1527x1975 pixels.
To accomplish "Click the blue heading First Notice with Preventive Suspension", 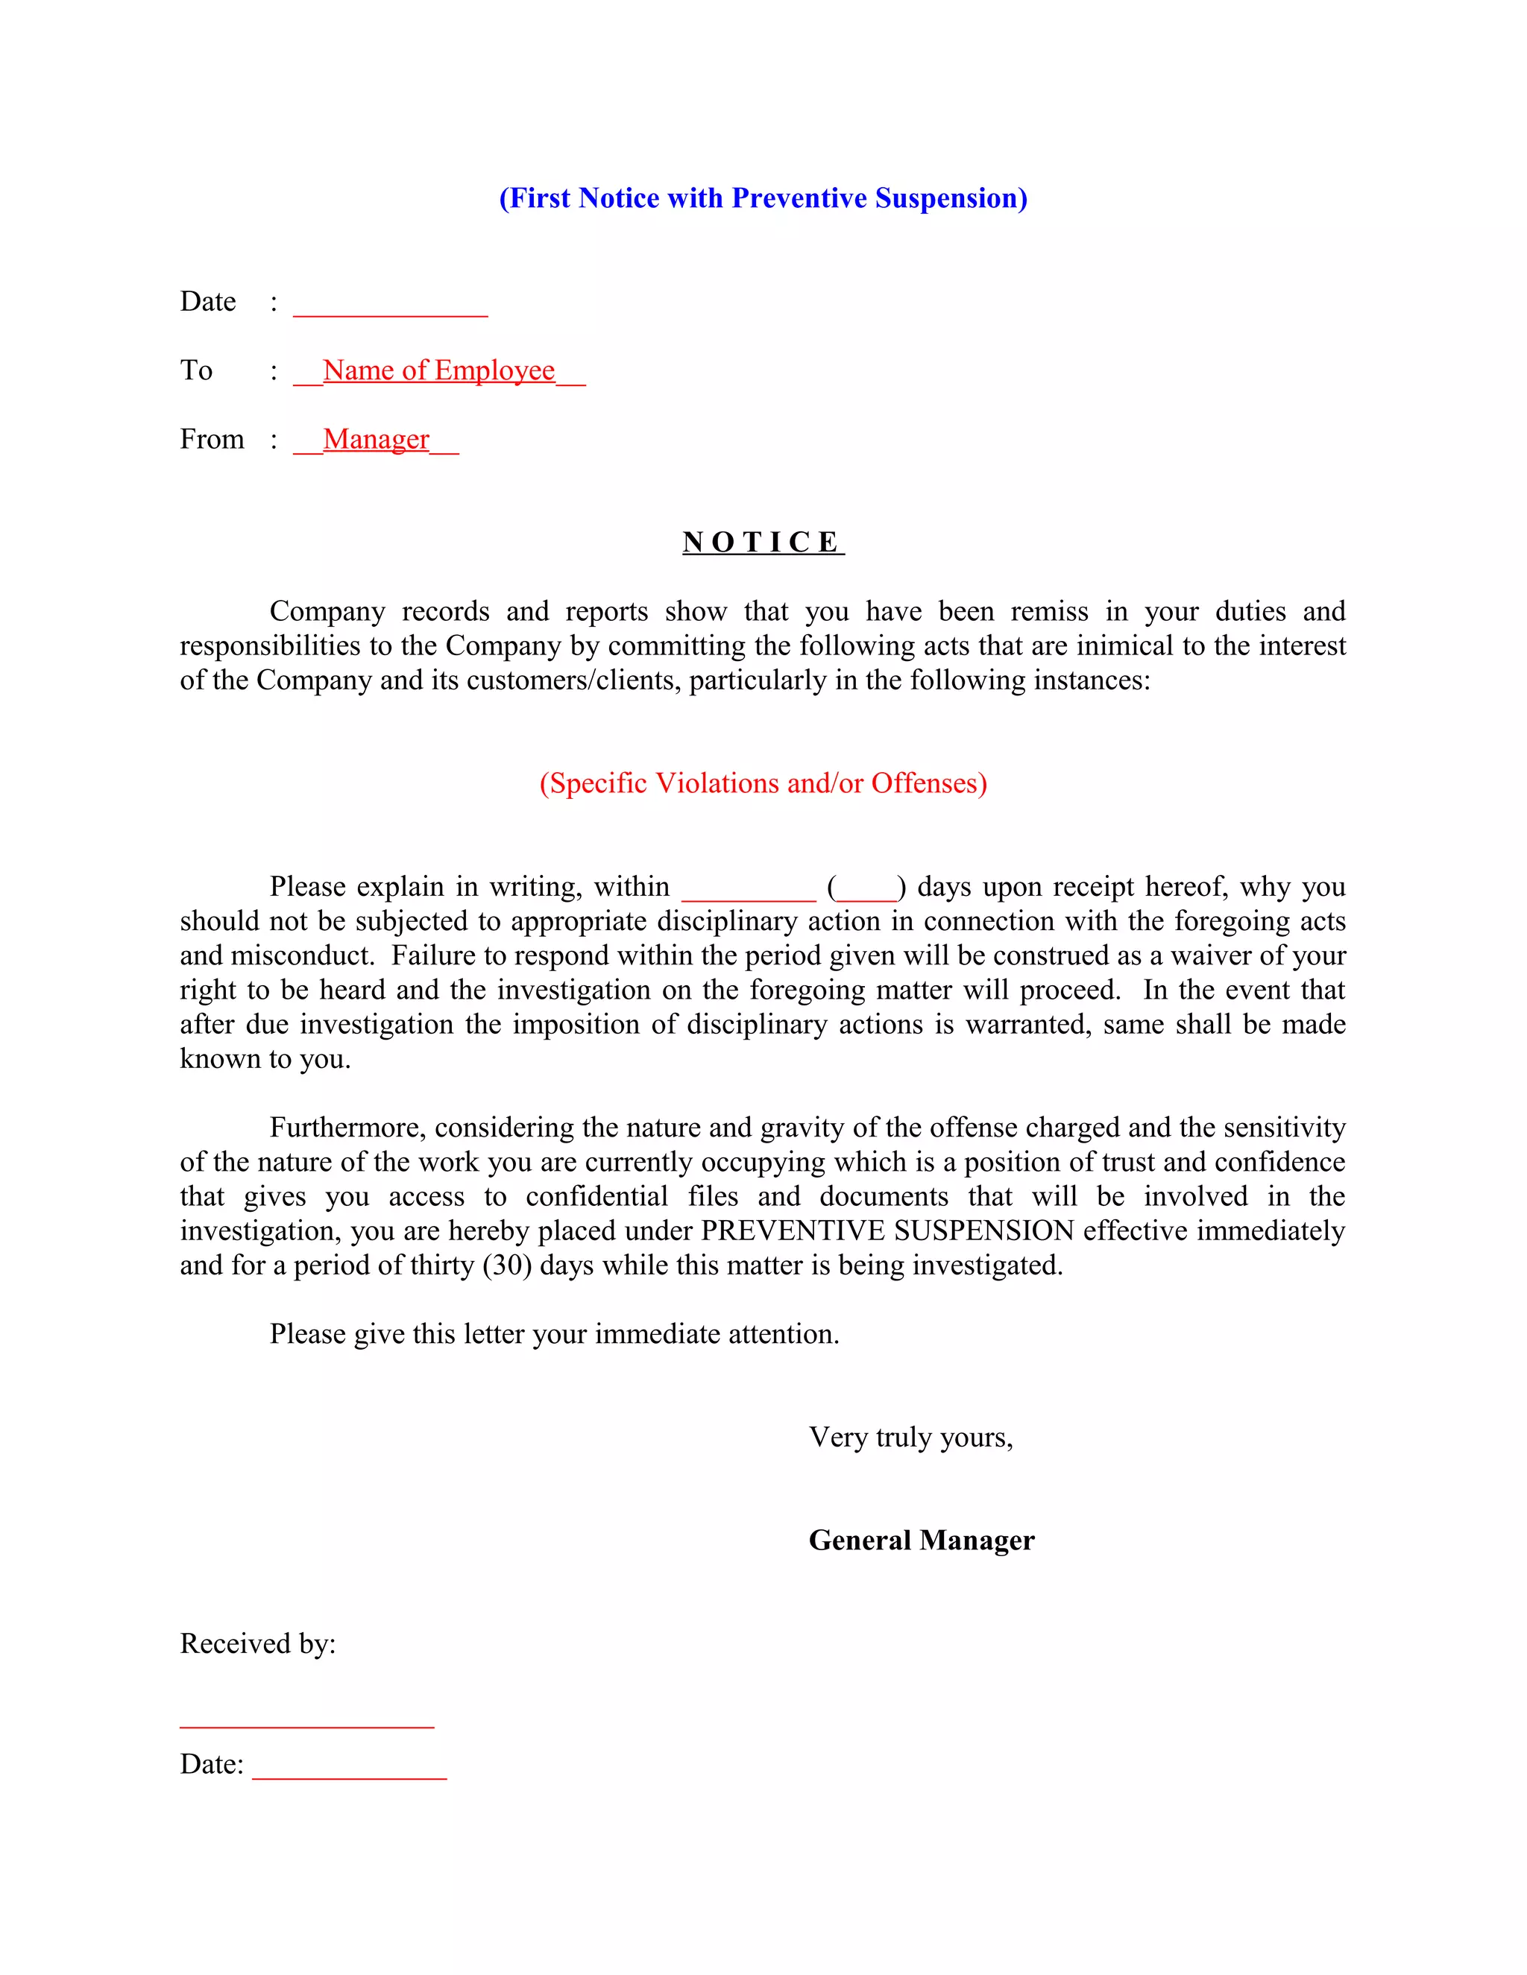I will tap(763, 198).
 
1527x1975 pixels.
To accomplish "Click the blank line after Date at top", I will tap(390, 308).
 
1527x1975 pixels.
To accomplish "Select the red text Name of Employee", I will tap(438, 370).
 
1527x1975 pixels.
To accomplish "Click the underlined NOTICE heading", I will tap(763, 542).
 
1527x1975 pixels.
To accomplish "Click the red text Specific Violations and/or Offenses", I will tap(763, 783).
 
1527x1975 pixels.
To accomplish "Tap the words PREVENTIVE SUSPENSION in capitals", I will tap(887, 1230).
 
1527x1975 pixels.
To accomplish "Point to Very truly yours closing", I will tap(910, 1437).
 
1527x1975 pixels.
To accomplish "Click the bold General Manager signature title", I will tap(921, 1540).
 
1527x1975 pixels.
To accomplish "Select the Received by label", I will tap(258, 1643).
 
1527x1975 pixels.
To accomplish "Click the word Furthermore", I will tap(347, 1128).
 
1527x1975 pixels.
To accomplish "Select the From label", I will tap(212, 440).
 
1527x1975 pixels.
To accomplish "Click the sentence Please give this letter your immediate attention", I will tap(554, 1334).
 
